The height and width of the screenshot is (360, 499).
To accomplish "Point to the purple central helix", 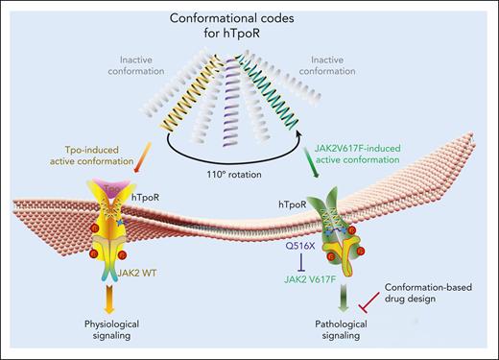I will [x=250, y=106].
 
